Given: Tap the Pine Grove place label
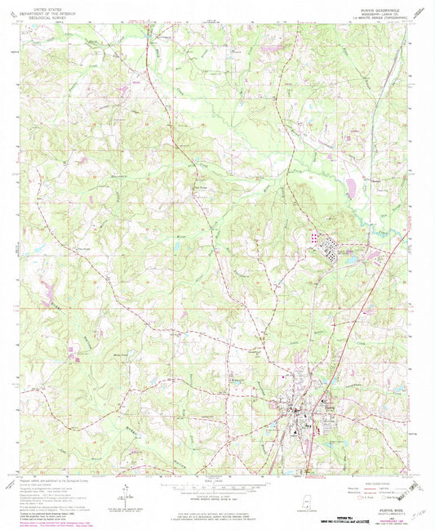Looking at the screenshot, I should pos(199,193).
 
